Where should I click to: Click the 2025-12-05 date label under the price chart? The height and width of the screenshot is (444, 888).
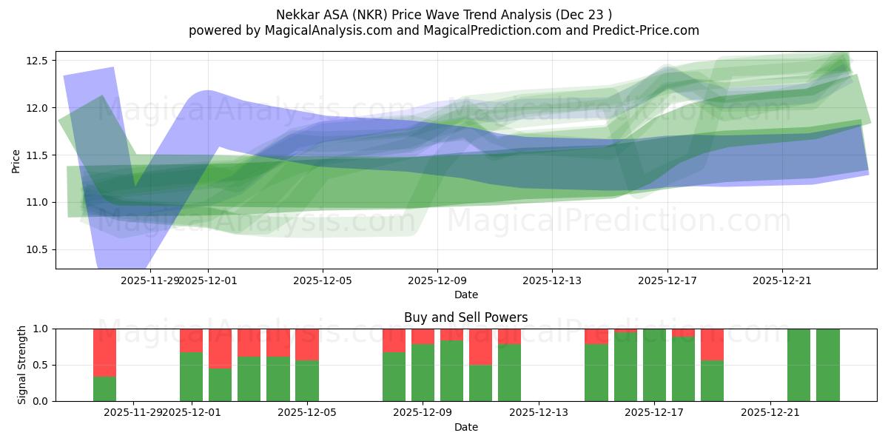[323, 281]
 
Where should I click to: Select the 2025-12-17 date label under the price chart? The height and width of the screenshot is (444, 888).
[667, 281]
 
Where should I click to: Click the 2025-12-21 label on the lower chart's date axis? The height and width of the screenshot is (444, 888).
[771, 413]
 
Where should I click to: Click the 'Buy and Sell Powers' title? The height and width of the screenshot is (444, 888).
[465, 317]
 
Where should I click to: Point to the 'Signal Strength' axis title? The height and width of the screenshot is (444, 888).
[22, 364]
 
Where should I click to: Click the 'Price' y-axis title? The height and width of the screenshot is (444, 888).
[16, 160]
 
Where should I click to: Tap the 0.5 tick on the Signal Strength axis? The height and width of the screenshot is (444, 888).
[41, 365]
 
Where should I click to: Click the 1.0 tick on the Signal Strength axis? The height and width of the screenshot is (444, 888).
[41, 329]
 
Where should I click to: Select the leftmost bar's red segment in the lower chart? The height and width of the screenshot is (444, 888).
[104, 352]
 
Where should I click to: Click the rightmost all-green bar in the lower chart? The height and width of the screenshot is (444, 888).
[827, 365]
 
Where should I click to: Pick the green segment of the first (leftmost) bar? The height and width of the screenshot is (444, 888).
[104, 388]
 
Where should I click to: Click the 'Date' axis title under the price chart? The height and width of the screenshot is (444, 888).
[465, 295]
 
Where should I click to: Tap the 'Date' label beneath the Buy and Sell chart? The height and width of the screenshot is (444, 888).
[465, 427]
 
